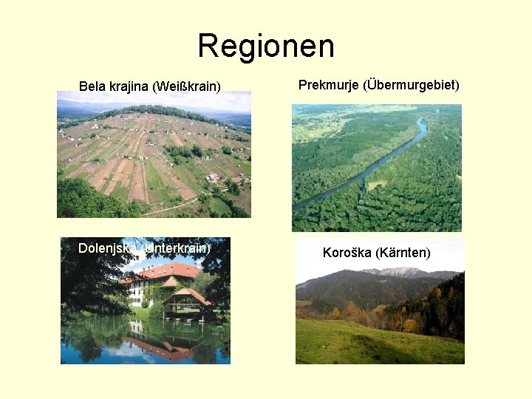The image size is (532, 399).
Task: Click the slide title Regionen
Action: click(x=266, y=46)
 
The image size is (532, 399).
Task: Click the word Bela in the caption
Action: click(x=92, y=86)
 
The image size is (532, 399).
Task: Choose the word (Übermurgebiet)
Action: click(x=413, y=85)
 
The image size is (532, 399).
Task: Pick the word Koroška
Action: click(x=347, y=253)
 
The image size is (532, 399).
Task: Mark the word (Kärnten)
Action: click(x=403, y=253)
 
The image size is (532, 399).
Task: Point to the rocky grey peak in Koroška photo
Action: click(x=399, y=272)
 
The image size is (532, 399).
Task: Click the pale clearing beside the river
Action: click(x=377, y=184)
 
